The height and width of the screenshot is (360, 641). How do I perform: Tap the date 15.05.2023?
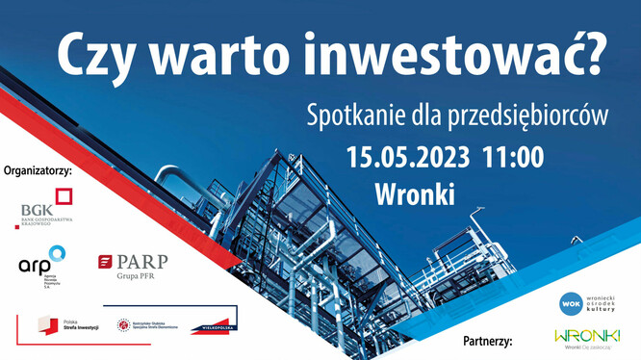(x=408, y=155)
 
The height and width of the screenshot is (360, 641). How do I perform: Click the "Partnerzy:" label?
(x=486, y=341)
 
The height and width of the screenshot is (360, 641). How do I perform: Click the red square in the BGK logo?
(x=63, y=198)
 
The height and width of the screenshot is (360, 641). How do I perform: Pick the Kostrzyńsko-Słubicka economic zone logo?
(x=144, y=327)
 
